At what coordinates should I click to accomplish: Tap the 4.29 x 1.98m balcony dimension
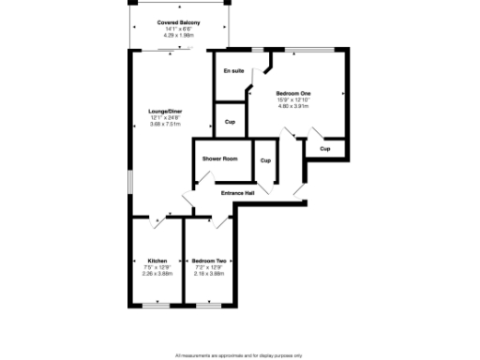click(x=177, y=36)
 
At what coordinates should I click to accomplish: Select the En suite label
click(x=232, y=72)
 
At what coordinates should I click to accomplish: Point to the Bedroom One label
click(x=293, y=93)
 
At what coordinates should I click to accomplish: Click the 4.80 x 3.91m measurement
click(x=293, y=106)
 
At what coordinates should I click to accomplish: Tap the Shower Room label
click(x=219, y=158)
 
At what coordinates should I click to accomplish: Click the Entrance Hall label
click(x=237, y=193)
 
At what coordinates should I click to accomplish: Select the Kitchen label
click(x=157, y=261)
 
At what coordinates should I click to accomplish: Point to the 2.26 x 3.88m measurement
click(x=157, y=274)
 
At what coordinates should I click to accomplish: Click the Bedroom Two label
click(x=209, y=261)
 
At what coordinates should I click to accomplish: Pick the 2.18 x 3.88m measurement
click(x=209, y=274)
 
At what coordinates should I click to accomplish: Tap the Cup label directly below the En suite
click(x=230, y=122)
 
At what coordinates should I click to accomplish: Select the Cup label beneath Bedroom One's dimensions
click(x=324, y=149)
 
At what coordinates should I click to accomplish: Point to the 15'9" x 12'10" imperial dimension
click(x=293, y=99)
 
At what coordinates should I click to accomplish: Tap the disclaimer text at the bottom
click(x=239, y=355)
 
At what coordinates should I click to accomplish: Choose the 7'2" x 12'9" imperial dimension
click(x=209, y=267)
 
